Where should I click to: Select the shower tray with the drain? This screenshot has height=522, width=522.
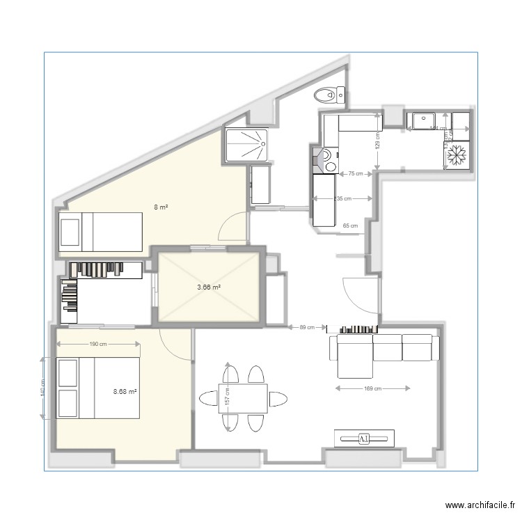coord(246,144)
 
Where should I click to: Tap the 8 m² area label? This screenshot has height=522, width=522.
coord(161,207)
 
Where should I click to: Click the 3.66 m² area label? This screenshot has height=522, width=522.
coord(209,286)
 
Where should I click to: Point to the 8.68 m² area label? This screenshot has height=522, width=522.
coord(125,391)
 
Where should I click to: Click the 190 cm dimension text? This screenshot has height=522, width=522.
coord(98,344)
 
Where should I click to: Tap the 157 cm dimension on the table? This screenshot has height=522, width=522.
coord(227,397)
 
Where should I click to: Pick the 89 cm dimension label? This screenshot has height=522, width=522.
coord(307,327)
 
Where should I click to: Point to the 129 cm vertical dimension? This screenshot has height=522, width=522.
coord(377,141)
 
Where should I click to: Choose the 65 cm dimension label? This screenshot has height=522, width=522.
coord(350,226)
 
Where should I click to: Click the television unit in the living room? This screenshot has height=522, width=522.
coord(365,438)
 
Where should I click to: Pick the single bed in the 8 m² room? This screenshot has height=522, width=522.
coord(101,232)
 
